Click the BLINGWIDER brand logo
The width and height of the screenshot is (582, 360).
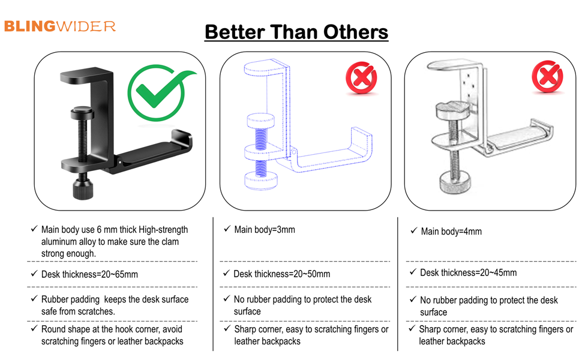point(59,26)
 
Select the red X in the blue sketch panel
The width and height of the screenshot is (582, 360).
point(361,79)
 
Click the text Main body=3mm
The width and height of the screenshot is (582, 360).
point(264,230)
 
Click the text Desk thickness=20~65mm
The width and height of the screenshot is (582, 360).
point(89,274)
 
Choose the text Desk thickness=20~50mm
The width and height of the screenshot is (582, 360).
point(281,274)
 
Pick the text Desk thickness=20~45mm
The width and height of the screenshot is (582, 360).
point(468,273)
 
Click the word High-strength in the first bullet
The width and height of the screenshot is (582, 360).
point(163,230)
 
